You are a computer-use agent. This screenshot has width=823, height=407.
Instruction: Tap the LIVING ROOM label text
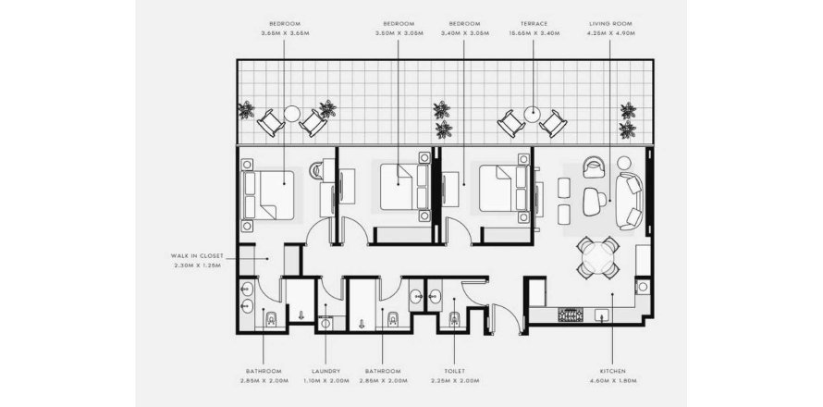[x=610, y=22]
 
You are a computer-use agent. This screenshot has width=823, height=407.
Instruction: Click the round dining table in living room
[x=597, y=257]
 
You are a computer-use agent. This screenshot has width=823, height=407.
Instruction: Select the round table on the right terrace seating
[x=532, y=115]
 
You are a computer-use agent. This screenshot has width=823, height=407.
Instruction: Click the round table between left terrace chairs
[x=291, y=115]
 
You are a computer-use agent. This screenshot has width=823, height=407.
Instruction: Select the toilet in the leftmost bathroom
[x=269, y=320]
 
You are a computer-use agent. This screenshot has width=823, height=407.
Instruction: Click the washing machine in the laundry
[x=325, y=324]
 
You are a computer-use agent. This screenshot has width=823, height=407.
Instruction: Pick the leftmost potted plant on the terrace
[x=245, y=111]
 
